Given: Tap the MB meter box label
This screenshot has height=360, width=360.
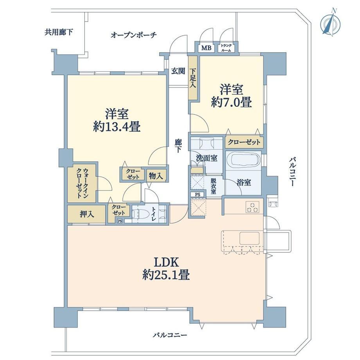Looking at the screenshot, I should (206, 48).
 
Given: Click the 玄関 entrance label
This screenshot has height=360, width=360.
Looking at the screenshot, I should (178, 71).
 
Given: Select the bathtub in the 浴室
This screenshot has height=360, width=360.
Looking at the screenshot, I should (243, 160).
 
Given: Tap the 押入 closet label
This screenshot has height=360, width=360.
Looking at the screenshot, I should (86, 214).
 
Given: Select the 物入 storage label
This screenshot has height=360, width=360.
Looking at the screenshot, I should (156, 176).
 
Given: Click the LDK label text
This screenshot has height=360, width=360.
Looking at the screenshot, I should (166, 261).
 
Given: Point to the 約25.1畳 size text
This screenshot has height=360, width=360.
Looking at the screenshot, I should (166, 276).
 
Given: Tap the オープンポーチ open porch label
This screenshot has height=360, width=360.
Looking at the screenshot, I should (133, 35).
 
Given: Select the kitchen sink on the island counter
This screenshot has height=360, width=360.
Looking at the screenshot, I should (249, 238).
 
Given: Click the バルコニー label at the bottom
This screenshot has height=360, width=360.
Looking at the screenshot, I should (170, 335).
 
